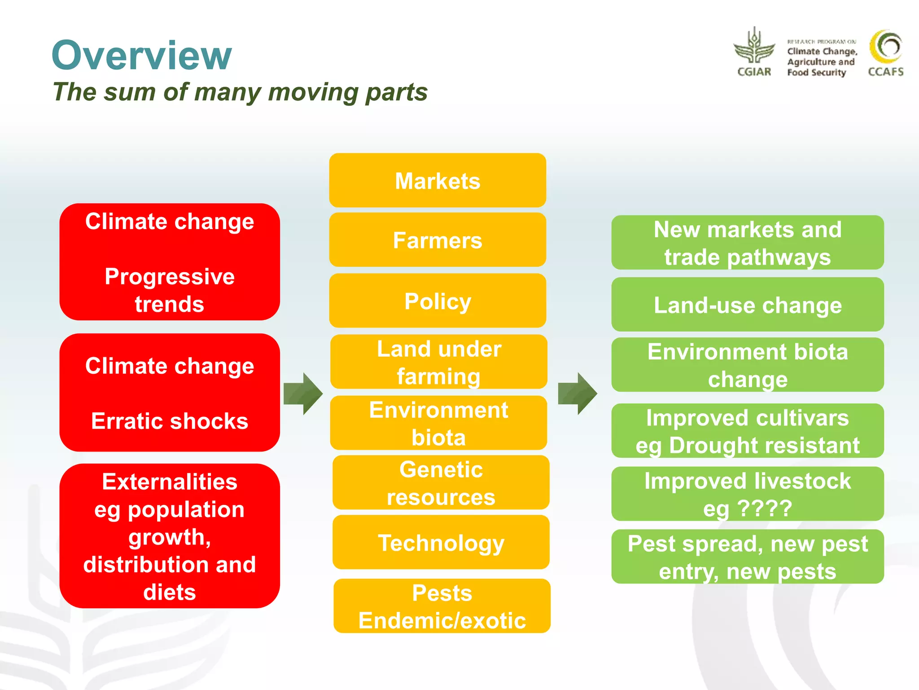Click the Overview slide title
pos(142,55)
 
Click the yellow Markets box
pos(438,181)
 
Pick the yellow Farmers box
pos(438,240)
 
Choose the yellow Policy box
pos(438,301)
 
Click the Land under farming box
pos(438,362)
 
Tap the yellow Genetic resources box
pos(441,483)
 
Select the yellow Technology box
pos(441,543)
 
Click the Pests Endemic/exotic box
pos(442,606)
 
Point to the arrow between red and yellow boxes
pos(303,394)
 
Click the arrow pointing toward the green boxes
pos(578,394)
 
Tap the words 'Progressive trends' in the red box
pos(170,290)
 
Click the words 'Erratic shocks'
pos(170,421)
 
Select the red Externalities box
pos(170,536)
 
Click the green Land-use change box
pos(748,305)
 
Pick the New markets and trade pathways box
pos(748,243)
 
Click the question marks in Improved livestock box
pos(765,509)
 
